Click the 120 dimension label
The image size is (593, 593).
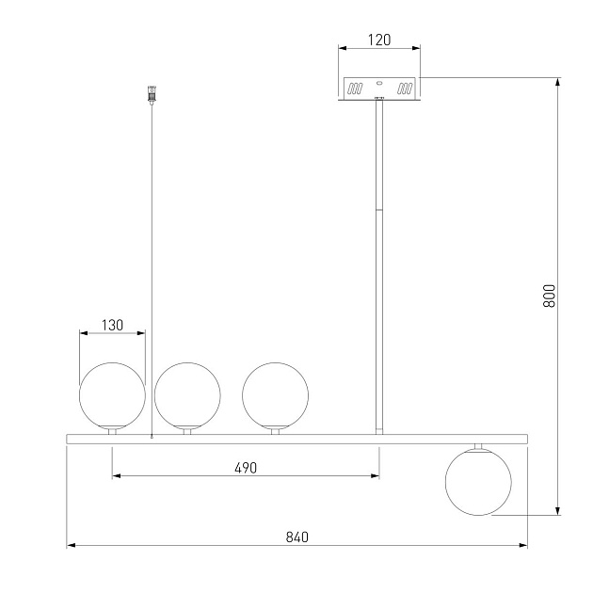click(x=379, y=40)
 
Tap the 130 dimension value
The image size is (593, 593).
click(x=112, y=326)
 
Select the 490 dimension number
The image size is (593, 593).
click(x=246, y=468)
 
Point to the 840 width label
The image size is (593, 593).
click(x=297, y=537)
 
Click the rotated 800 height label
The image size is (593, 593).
click(x=549, y=296)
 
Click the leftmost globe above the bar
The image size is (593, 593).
click(x=112, y=395)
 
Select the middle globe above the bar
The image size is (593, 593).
click(x=187, y=395)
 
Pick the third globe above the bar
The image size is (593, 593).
click(x=275, y=395)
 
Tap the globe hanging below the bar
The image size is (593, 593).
click(x=478, y=482)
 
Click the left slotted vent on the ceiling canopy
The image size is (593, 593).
click(x=355, y=88)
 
